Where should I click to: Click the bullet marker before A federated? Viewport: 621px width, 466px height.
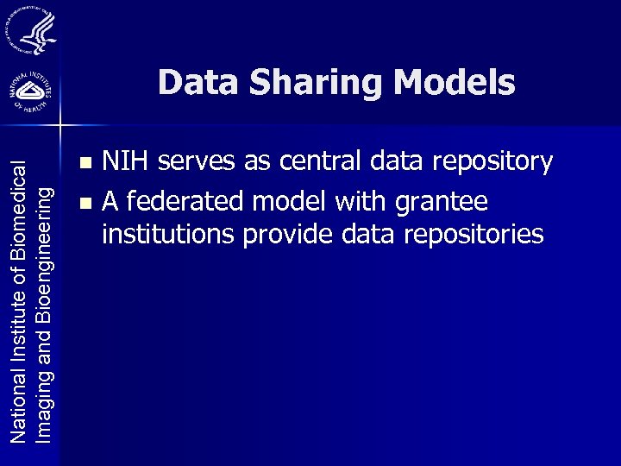83,204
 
